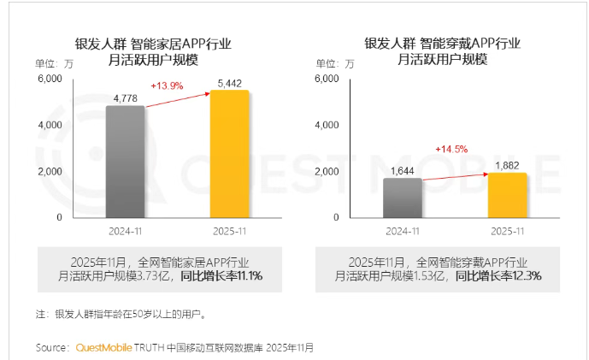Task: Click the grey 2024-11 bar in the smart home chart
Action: (125, 162)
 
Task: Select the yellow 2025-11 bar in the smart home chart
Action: (229, 154)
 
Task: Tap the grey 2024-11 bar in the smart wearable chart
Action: (402, 198)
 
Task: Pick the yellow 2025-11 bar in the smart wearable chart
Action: (507, 195)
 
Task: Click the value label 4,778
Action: (126, 98)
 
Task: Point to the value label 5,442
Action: (229, 83)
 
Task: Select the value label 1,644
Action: (402, 171)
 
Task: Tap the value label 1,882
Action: (507, 165)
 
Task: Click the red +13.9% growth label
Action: (168, 86)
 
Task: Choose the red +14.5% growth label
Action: (451, 149)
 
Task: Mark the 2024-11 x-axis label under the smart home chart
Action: (125, 231)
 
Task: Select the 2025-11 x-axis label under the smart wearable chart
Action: (507, 231)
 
